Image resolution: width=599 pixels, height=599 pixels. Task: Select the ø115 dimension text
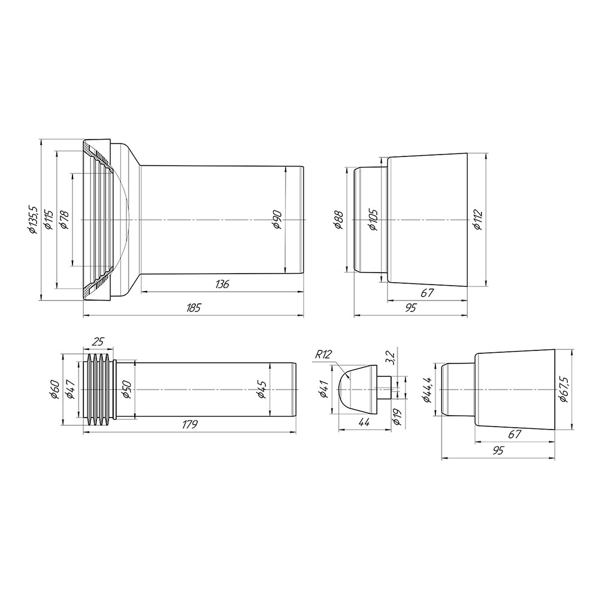pyautogui.click(x=49, y=219)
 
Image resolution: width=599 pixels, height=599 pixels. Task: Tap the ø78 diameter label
pyautogui.click(x=64, y=219)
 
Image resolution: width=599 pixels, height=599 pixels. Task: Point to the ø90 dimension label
pyautogui.click(x=277, y=219)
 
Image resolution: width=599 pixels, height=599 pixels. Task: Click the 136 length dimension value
pyautogui.click(x=222, y=284)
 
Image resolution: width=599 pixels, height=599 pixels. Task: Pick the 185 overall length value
pyautogui.click(x=193, y=307)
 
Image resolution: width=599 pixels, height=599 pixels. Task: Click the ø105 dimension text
pyautogui.click(x=373, y=220)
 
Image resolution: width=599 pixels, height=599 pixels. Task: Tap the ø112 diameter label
pyautogui.click(x=477, y=220)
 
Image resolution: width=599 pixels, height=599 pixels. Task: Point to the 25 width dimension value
pyautogui.click(x=98, y=341)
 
